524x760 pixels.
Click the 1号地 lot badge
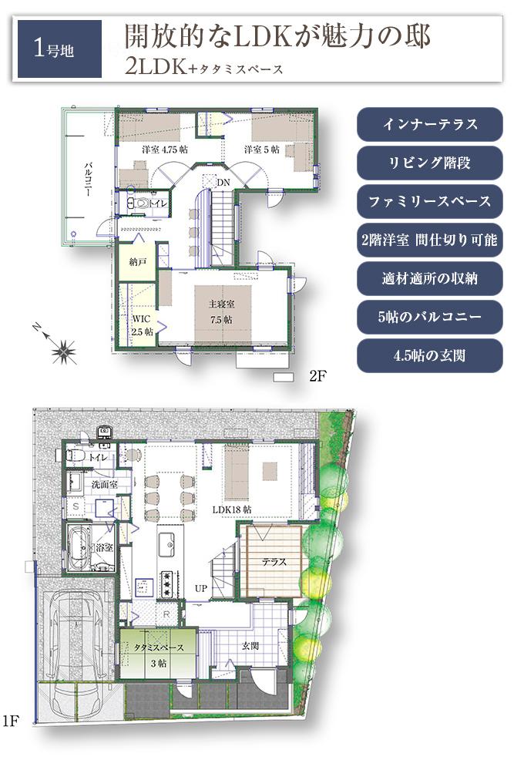pyautogui.click(x=59, y=49)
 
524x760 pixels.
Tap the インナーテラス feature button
pyautogui.click(x=430, y=125)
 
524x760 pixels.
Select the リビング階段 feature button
pyautogui.click(x=430, y=163)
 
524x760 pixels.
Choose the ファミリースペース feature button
pyautogui.click(x=430, y=201)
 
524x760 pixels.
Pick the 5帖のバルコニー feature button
pyautogui.click(x=430, y=317)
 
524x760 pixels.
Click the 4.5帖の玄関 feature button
pyautogui.click(x=430, y=355)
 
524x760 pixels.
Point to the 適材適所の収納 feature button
pyautogui.click(x=430, y=278)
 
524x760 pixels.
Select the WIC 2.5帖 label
pyautogui.click(x=141, y=325)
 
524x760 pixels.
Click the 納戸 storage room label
pyautogui.click(x=138, y=262)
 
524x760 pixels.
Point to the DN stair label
pyautogui.click(x=223, y=182)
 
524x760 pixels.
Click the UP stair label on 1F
pyautogui.click(x=201, y=589)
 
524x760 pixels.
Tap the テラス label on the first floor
pyautogui.click(x=273, y=562)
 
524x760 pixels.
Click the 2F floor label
pyautogui.click(x=318, y=377)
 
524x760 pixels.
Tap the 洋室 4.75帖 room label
pyautogui.click(x=164, y=149)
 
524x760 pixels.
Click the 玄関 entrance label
pyautogui.click(x=250, y=644)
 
